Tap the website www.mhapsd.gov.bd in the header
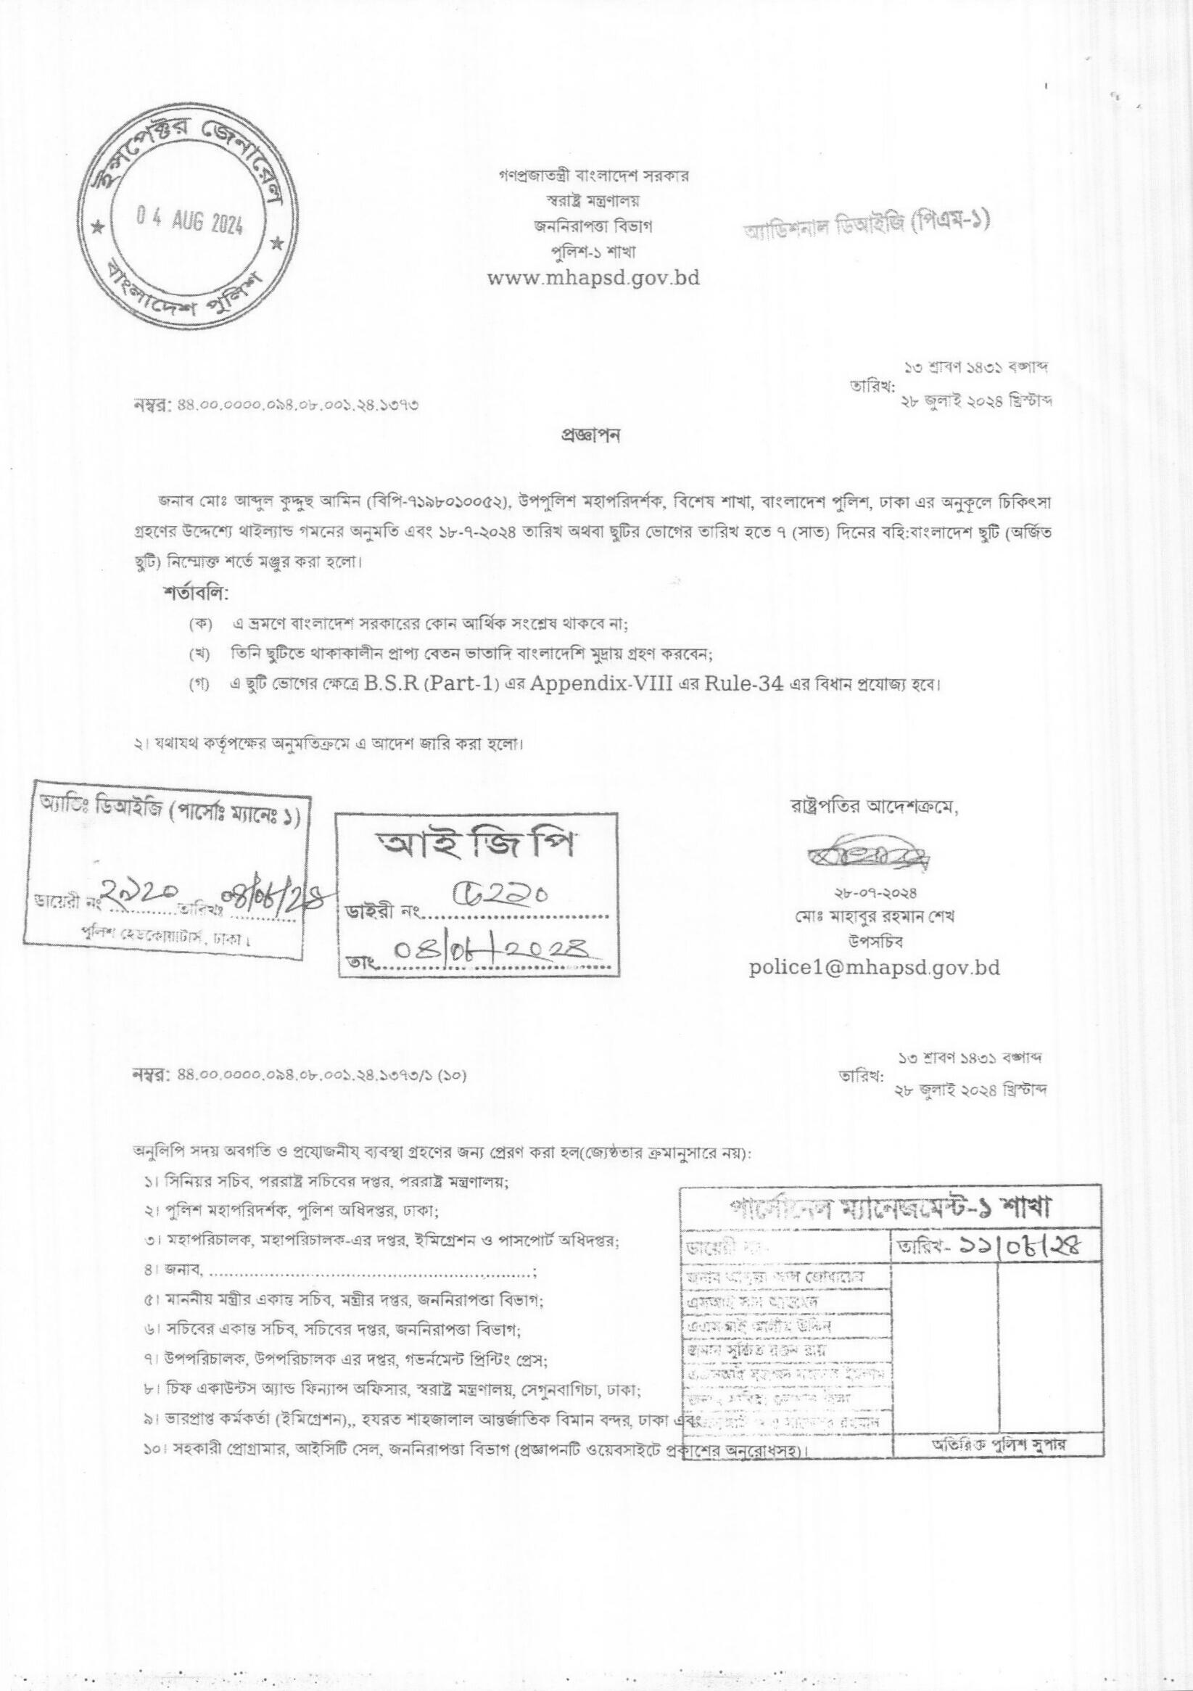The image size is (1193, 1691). pyautogui.click(x=593, y=278)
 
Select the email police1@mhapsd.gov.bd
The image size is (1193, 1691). pyautogui.click(x=875, y=967)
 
